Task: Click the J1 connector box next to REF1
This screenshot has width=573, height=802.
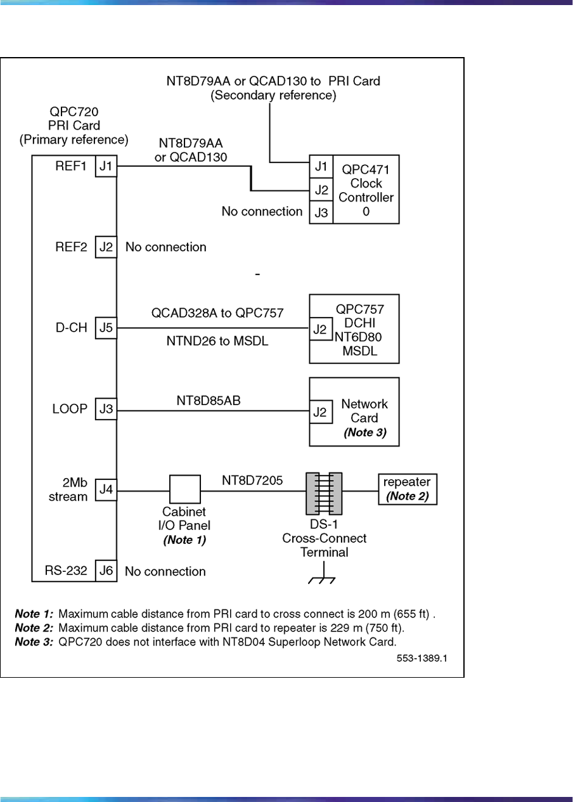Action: (x=106, y=167)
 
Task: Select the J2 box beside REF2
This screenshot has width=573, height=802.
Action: (x=106, y=247)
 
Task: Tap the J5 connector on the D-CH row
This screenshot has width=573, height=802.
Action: (x=106, y=328)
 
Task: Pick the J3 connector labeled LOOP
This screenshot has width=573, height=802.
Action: (x=106, y=410)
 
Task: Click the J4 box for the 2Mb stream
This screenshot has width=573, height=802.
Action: (x=106, y=490)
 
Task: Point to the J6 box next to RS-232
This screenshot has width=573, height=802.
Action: (x=106, y=571)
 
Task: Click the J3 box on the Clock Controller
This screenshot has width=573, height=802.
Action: (x=321, y=212)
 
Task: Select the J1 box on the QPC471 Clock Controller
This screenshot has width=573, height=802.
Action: (x=321, y=167)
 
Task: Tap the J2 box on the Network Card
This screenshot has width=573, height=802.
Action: (x=321, y=412)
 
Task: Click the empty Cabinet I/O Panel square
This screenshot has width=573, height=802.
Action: (x=184, y=490)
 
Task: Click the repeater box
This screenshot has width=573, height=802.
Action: (x=408, y=489)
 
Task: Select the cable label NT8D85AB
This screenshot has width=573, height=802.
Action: (x=209, y=401)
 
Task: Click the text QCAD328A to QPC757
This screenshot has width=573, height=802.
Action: (x=217, y=313)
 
